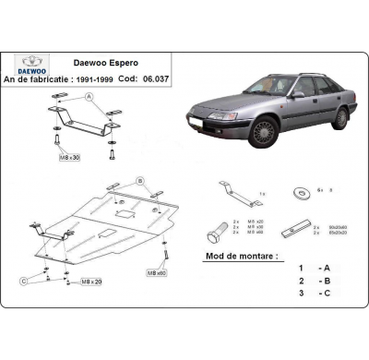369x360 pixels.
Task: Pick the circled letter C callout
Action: click(22, 278)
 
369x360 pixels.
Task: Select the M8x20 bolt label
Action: click(90, 280)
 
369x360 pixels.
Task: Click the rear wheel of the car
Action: click(340, 117)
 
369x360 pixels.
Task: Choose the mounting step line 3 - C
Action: click(312, 294)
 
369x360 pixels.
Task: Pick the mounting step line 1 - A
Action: click(312, 268)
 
